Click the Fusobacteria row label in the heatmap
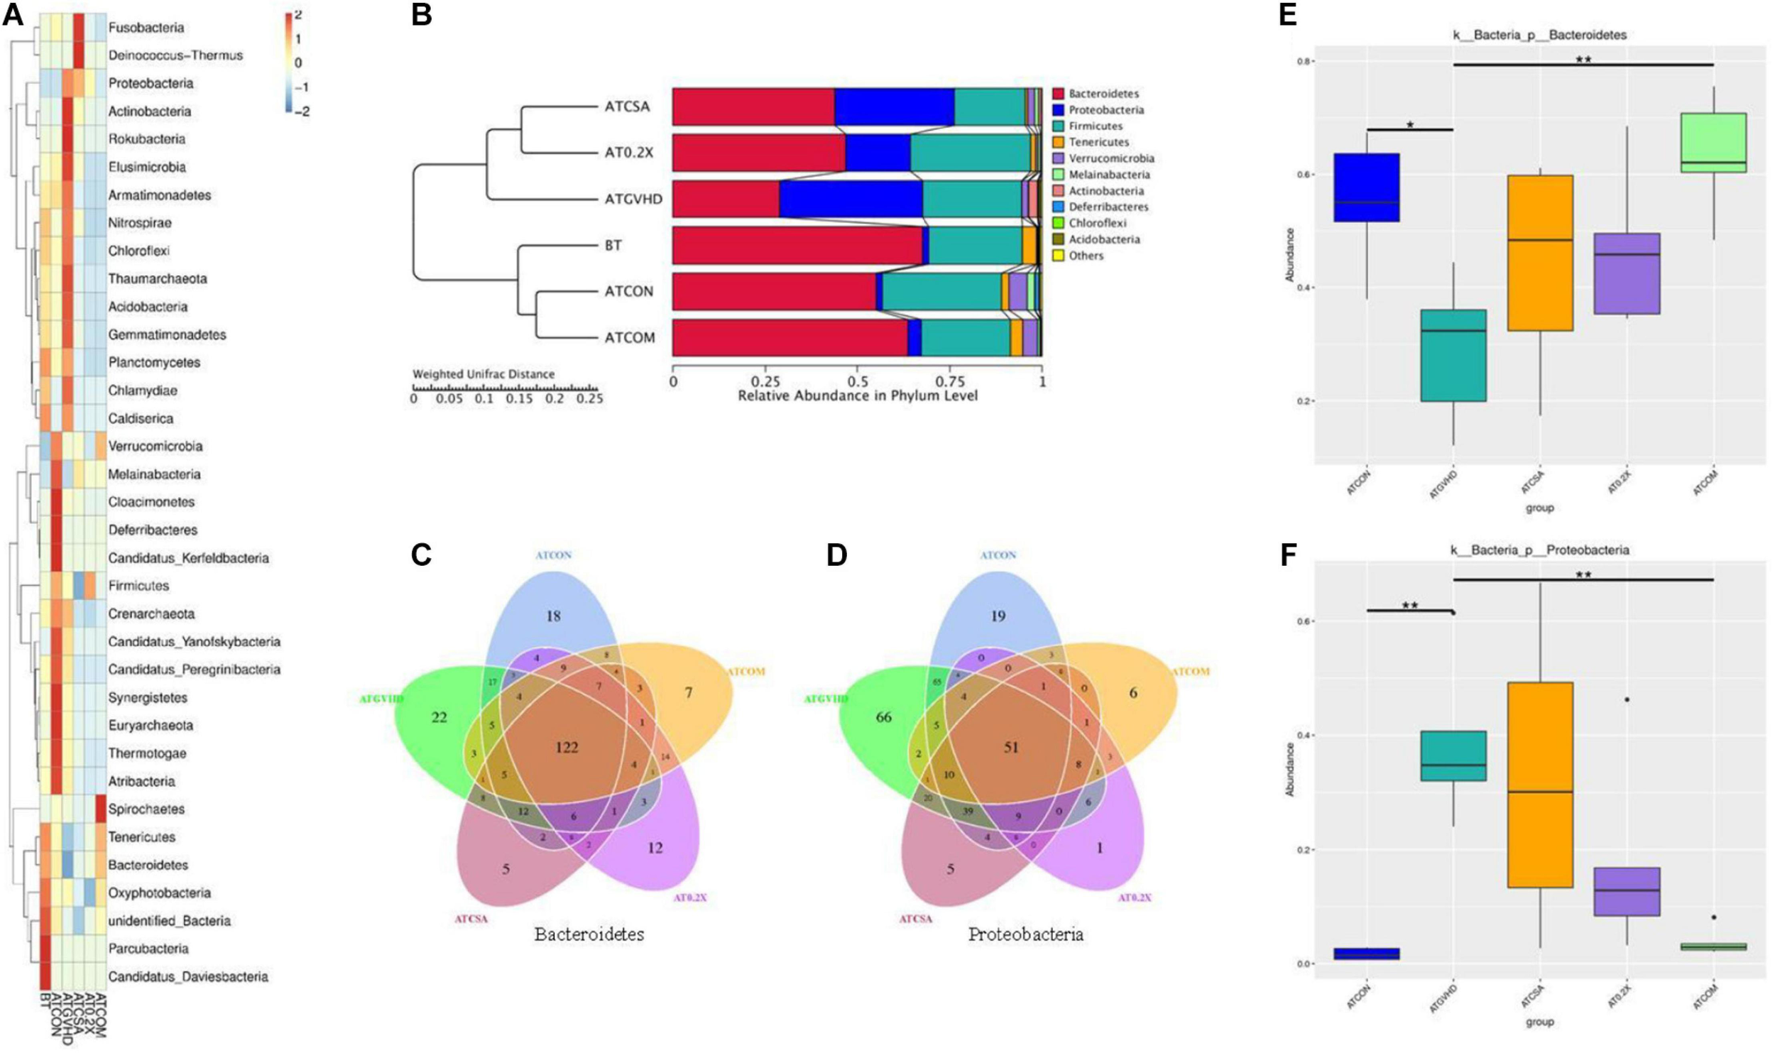point(146,28)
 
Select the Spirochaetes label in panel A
point(146,809)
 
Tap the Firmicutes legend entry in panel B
point(1095,126)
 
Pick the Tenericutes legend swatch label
point(1098,142)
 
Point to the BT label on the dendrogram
point(613,245)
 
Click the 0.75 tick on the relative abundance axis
point(949,381)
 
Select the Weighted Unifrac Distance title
point(484,373)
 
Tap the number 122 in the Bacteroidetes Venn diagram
point(567,747)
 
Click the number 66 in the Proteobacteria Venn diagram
point(883,717)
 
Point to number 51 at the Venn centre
point(1010,747)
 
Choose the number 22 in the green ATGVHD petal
point(439,717)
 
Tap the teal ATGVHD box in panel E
point(1453,355)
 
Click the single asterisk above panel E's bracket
point(1410,126)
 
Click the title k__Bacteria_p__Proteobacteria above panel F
point(1539,550)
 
